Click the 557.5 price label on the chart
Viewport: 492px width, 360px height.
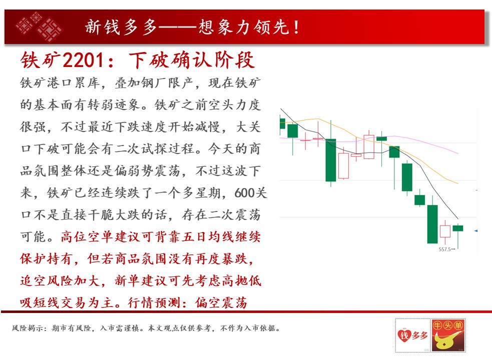tap(444, 249)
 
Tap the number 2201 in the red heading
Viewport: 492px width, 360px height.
tap(83, 59)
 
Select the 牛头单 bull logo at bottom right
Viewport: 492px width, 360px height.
tap(448, 335)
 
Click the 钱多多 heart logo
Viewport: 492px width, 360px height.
tap(413, 335)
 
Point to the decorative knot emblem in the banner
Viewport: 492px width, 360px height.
tap(39, 26)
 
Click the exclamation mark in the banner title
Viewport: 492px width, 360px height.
tap(296, 27)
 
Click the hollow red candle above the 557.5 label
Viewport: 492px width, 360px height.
tap(445, 231)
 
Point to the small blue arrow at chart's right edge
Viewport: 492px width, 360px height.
tap(475, 231)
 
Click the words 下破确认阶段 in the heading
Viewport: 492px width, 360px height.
tap(191, 59)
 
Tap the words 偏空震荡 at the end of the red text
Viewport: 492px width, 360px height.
tap(221, 302)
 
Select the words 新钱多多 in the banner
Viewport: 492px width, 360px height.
tap(121, 27)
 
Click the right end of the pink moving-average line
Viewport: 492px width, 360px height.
tap(458, 153)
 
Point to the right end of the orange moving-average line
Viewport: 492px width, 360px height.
tap(458, 183)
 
